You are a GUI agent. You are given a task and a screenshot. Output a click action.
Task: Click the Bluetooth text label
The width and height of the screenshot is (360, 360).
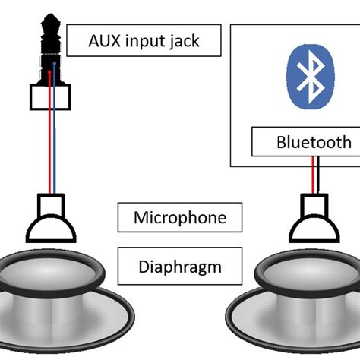(x=314, y=142)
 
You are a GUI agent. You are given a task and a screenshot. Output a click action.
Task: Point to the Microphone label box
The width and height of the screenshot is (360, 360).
(x=180, y=218)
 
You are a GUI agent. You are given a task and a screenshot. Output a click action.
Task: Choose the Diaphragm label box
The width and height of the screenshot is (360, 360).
(x=180, y=267)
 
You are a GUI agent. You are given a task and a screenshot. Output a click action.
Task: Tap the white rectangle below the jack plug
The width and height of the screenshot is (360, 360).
(x=50, y=96)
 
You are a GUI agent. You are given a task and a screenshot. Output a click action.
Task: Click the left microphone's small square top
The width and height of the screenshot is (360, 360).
(x=51, y=205)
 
